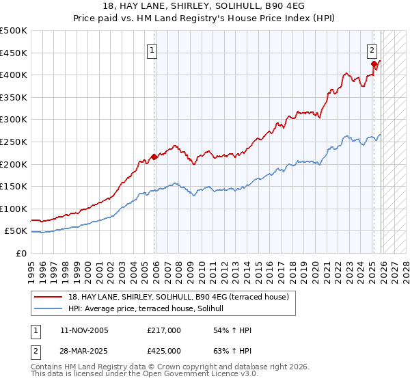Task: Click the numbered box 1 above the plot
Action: pyautogui.click(x=152, y=50)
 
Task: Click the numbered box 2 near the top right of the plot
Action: pyautogui.click(x=372, y=50)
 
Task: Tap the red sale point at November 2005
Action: pyautogui.click(x=154, y=157)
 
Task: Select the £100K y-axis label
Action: pyautogui.click(x=14, y=209)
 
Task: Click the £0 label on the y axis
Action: pyautogui.click(x=22, y=253)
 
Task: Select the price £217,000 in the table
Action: pyautogui.click(x=164, y=330)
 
